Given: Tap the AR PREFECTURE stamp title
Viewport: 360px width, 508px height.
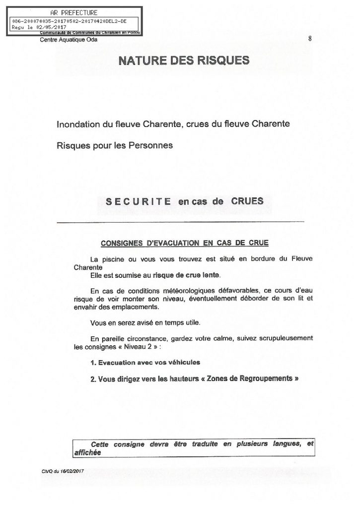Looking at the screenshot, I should [x=74, y=12].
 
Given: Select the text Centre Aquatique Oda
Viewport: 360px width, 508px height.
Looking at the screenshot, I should [x=69, y=40].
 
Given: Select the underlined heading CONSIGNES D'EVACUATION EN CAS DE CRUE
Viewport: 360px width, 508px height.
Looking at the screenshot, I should [x=184, y=243].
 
